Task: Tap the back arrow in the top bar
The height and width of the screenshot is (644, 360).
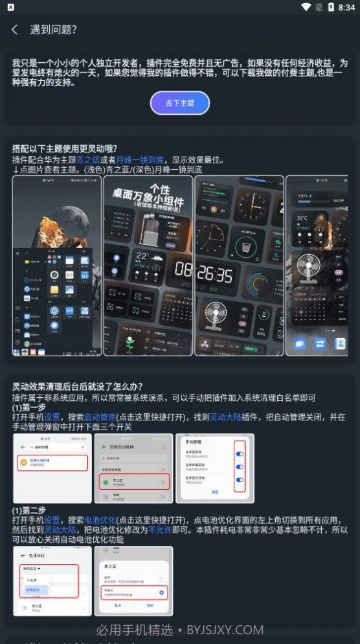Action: (14, 30)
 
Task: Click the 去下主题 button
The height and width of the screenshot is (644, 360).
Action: (180, 103)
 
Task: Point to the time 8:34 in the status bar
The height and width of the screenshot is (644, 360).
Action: (346, 7)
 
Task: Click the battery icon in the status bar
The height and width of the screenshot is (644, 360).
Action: (330, 7)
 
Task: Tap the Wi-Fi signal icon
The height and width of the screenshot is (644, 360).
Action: (306, 7)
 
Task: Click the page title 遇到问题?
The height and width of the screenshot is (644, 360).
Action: (54, 30)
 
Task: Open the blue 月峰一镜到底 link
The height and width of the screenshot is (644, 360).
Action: (141, 159)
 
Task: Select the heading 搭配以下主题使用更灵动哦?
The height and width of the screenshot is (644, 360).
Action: (65, 148)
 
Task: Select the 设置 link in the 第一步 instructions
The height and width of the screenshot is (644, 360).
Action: (52, 417)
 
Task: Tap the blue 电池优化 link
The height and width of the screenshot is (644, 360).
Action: (100, 520)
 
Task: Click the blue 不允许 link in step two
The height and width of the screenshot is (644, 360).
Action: (161, 529)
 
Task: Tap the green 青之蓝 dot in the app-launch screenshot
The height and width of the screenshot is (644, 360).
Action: (105, 481)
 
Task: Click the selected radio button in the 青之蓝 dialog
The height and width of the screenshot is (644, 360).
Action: (162, 592)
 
